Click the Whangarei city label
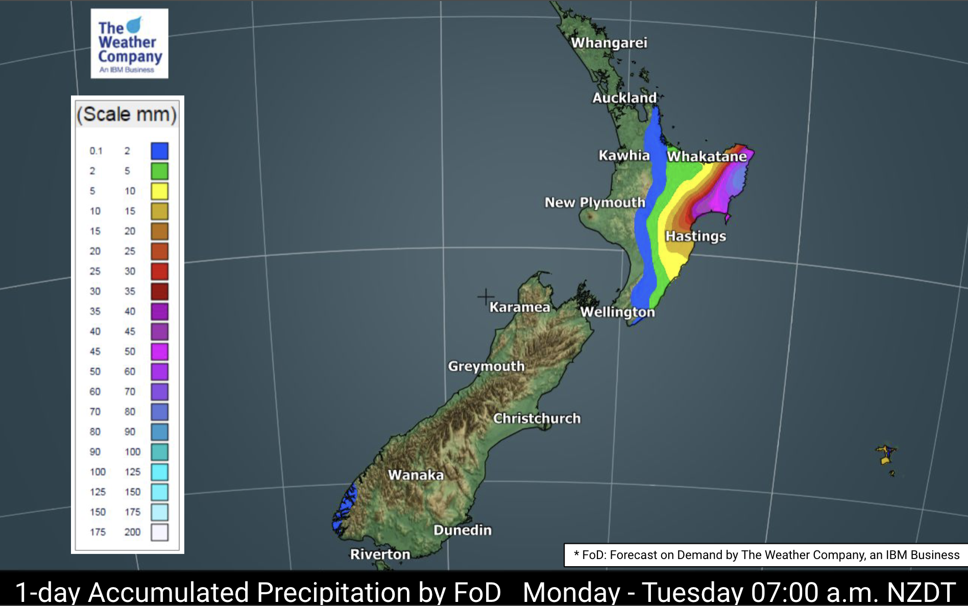[x=609, y=43]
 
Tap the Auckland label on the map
[x=624, y=97]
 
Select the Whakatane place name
[x=707, y=156]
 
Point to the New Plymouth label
[x=595, y=203]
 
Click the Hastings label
[x=695, y=236]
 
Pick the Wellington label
[x=617, y=312]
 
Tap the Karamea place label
[x=520, y=307]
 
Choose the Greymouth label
[x=486, y=366]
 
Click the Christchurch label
[x=537, y=418]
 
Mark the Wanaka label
[x=416, y=475]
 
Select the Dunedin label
[x=462, y=530]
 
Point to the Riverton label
[x=380, y=554]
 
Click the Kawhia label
[x=624, y=155]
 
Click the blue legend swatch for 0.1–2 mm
[x=159, y=151]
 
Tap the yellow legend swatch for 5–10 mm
[x=159, y=191]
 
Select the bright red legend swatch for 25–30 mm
[x=159, y=271]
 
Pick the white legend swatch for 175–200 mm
[x=159, y=532]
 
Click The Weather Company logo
[x=129, y=44]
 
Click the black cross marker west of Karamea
[x=486, y=296]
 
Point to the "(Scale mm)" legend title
[x=127, y=114]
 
